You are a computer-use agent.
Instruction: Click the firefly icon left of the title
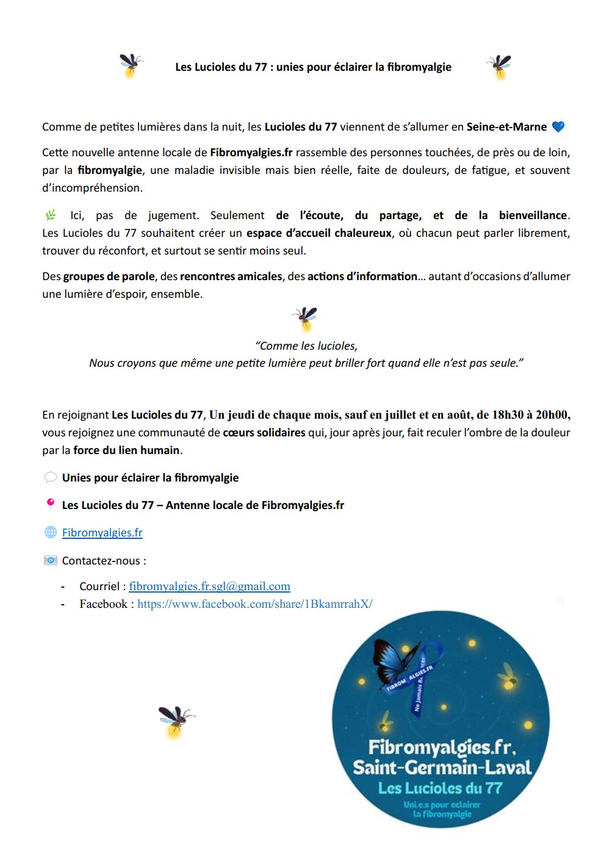click(x=131, y=65)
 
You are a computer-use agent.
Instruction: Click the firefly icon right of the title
click(x=499, y=67)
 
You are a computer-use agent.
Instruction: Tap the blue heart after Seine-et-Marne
click(x=558, y=127)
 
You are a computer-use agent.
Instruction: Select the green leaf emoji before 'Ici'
click(x=51, y=215)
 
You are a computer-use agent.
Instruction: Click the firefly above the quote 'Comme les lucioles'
click(x=305, y=318)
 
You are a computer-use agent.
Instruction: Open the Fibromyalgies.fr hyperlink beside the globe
click(x=102, y=532)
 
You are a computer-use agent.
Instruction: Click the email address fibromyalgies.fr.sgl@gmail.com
click(x=209, y=586)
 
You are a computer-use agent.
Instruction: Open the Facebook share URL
click(x=254, y=604)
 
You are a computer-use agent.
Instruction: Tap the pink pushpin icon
click(x=50, y=504)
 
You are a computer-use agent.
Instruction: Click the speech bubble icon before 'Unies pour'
click(x=51, y=477)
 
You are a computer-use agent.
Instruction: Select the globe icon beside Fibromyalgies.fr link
click(x=51, y=532)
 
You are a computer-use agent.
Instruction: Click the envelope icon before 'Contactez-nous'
click(x=51, y=560)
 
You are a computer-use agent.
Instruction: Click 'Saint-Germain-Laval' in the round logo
click(x=442, y=767)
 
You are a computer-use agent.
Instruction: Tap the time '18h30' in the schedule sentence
click(x=508, y=415)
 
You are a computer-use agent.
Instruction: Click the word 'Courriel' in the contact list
click(x=99, y=586)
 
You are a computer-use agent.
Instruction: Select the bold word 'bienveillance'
click(x=533, y=215)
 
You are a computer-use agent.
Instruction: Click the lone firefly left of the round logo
click(x=176, y=721)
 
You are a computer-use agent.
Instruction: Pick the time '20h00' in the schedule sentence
click(x=552, y=415)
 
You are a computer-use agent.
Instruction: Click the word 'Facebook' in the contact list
click(x=103, y=604)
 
